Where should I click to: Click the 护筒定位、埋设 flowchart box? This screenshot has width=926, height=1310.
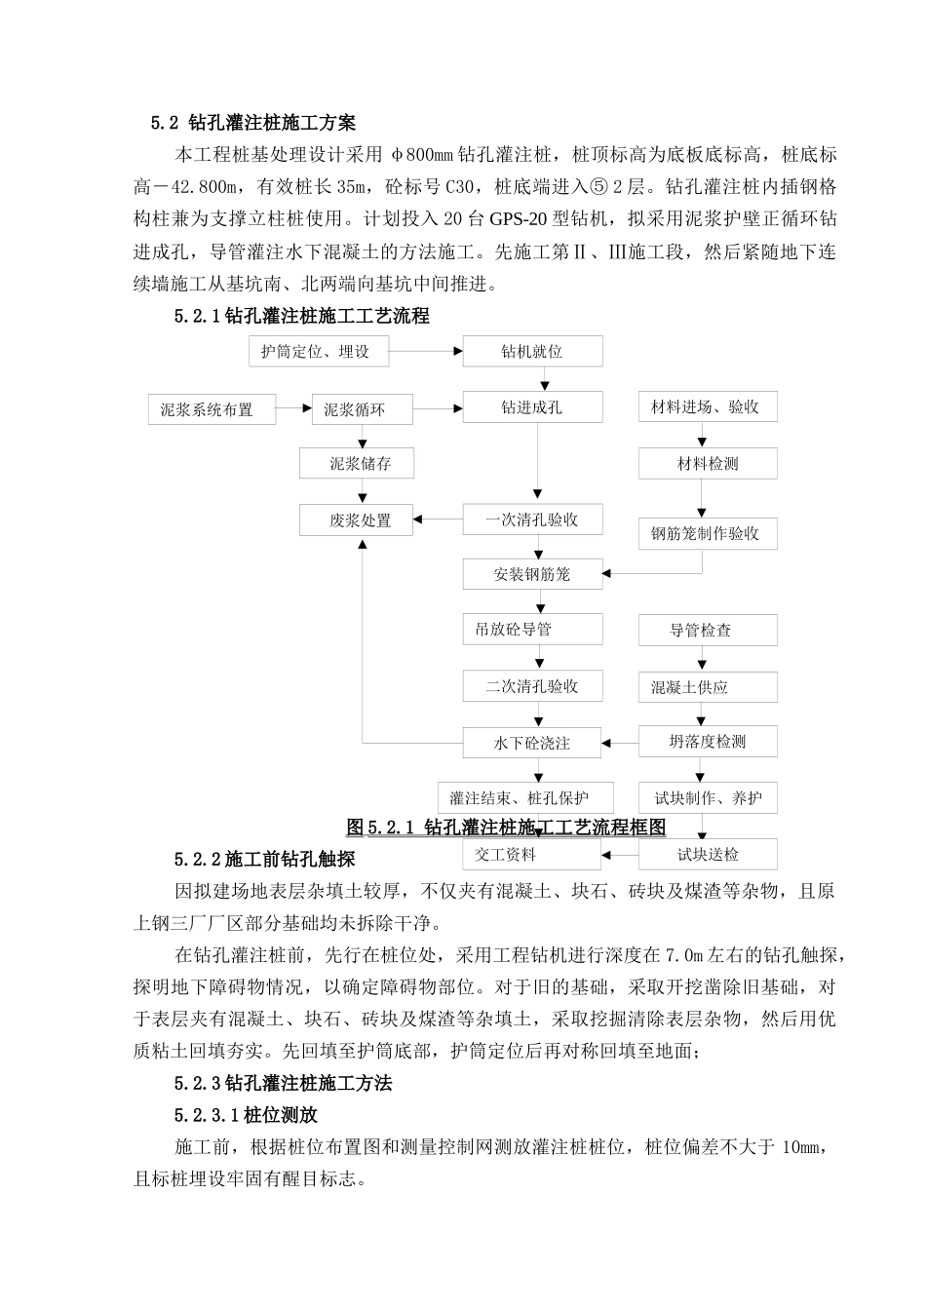point(318,352)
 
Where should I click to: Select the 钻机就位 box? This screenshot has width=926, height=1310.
point(532,352)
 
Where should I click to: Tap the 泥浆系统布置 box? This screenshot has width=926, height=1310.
point(207,409)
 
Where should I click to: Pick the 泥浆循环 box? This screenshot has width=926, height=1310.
point(355,409)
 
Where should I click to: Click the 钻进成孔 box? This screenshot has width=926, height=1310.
point(532,407)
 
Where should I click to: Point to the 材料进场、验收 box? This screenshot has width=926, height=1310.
point(707,406)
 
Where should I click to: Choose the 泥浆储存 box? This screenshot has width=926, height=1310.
point(358,464)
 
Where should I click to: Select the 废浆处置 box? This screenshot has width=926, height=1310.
point(358,520)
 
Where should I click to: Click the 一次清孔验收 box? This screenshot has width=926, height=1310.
point(532,520)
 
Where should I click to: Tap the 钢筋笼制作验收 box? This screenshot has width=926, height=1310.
point(707,533)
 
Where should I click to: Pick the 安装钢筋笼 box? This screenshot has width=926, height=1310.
point(532,574)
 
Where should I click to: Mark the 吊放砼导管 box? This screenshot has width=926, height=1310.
point(532,630)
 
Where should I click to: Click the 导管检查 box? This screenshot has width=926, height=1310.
point(707,631)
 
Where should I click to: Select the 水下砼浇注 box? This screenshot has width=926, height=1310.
point(532,743)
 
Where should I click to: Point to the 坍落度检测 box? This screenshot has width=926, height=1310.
point(707,742)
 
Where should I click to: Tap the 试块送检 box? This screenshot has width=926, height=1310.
point(707,855)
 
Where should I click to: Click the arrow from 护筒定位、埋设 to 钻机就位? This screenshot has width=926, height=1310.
point(426,352)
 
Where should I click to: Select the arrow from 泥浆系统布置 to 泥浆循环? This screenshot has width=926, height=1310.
point(293,408)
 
